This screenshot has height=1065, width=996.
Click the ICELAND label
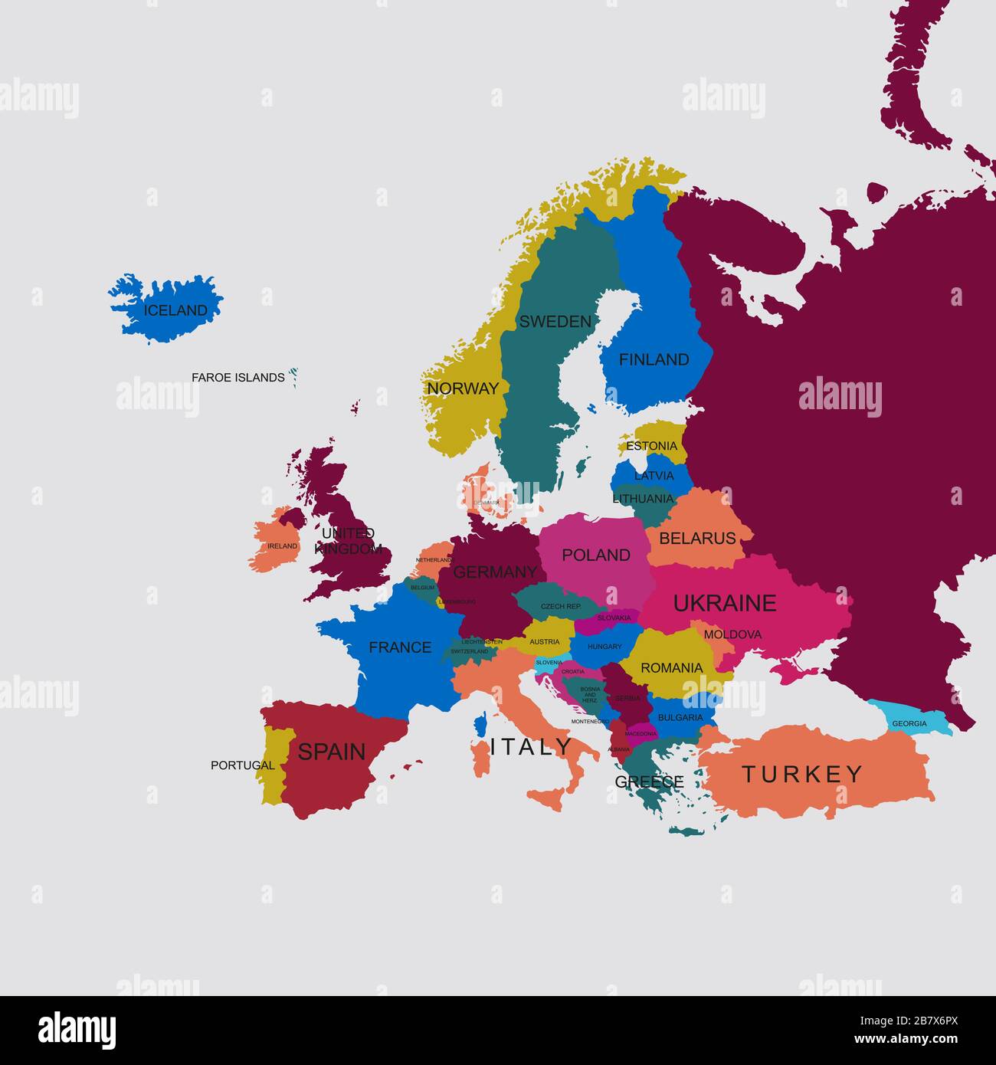(175, 310)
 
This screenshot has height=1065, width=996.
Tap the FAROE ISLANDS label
(238, 377)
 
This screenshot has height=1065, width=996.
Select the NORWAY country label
(463, 388)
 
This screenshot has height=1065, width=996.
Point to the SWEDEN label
(555, 322)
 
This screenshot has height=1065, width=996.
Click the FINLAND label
(654, 359)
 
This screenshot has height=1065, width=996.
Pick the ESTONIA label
(651, 446)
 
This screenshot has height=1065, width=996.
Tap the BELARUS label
(697, 539)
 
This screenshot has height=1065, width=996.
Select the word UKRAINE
(725, 603)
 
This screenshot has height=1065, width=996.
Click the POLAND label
(596, 555)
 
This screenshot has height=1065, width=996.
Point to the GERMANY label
(495, 572)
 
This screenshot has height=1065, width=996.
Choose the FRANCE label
(400, 647)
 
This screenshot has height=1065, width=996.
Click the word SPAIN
(332, 752)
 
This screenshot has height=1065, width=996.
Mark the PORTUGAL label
(242, 765)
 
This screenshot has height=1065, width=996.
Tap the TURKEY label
(802, 775)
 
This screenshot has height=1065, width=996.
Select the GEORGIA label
(909, 723)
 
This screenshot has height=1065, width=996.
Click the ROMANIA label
(671, 668)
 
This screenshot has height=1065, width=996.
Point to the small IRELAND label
(282, 546)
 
